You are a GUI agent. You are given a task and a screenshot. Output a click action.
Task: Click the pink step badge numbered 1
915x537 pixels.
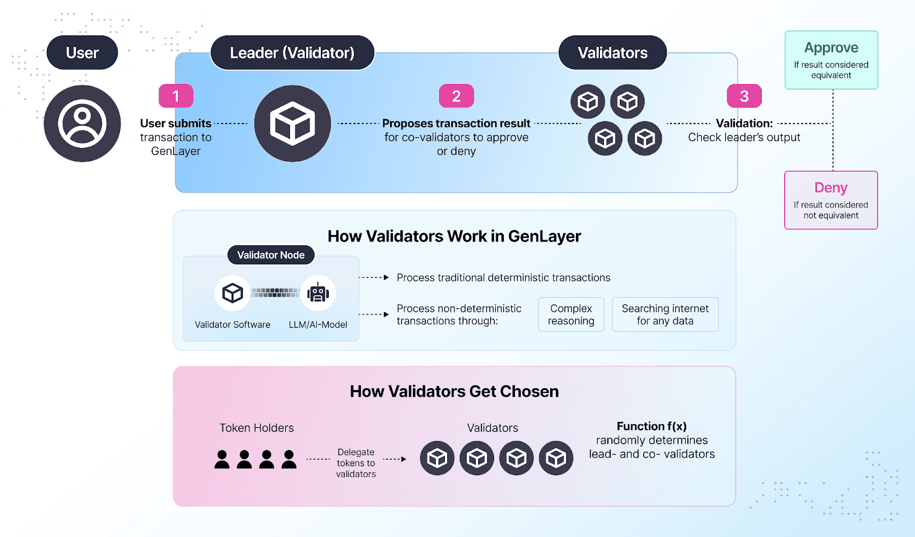pyautogui.click(x=176, y=96)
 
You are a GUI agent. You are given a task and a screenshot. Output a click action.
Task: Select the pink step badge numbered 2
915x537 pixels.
pyautogui.click(x=456, y=96)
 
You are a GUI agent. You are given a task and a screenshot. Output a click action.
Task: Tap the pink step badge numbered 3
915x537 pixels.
pyautogui.click(x=744, y=96)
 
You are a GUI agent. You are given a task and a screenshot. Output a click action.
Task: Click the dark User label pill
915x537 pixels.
pyautogui.click(x=82, y=53)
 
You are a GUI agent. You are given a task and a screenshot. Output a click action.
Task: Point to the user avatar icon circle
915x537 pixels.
pyautogui.click(x=82, y=124)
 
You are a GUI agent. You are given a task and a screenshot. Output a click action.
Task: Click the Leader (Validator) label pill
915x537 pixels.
pyautogui.click(x=292, y=53)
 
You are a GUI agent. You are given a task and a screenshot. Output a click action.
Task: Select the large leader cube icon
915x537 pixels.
pyautogui.click(x=292, y=124)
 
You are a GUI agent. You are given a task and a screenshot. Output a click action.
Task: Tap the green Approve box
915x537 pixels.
pyautogui.click(x=831, y=60)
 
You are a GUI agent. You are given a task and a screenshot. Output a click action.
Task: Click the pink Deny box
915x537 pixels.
pyautogui.click(x=831, y=200)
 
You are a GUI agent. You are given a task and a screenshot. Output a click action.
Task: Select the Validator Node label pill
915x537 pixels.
pyautogui.click(x=271, y=255)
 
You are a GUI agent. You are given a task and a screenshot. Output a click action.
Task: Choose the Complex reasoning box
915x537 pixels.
pyautogui.click(x=571, y=315)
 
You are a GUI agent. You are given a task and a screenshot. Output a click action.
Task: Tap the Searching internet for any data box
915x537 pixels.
pyautogui.click(x=665, y=315)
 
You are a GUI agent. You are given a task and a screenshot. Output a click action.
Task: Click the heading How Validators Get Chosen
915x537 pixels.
pyautogui.click(x=454, y=391)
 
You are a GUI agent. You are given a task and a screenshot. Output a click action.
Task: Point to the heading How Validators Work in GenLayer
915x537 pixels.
pyautogui.click(x=454, y=236)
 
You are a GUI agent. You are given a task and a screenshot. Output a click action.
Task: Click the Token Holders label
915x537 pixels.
pyautogui.click(x=257, y=428)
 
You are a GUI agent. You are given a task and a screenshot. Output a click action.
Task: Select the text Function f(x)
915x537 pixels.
pyautogui.click(x=651, y=426)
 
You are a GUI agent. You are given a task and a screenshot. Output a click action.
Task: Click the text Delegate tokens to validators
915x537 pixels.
pyautogui.click(x=356, y=463)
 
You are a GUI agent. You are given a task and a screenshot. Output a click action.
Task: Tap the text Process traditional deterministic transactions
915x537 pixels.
pyautogui.click(x=503, y=278)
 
